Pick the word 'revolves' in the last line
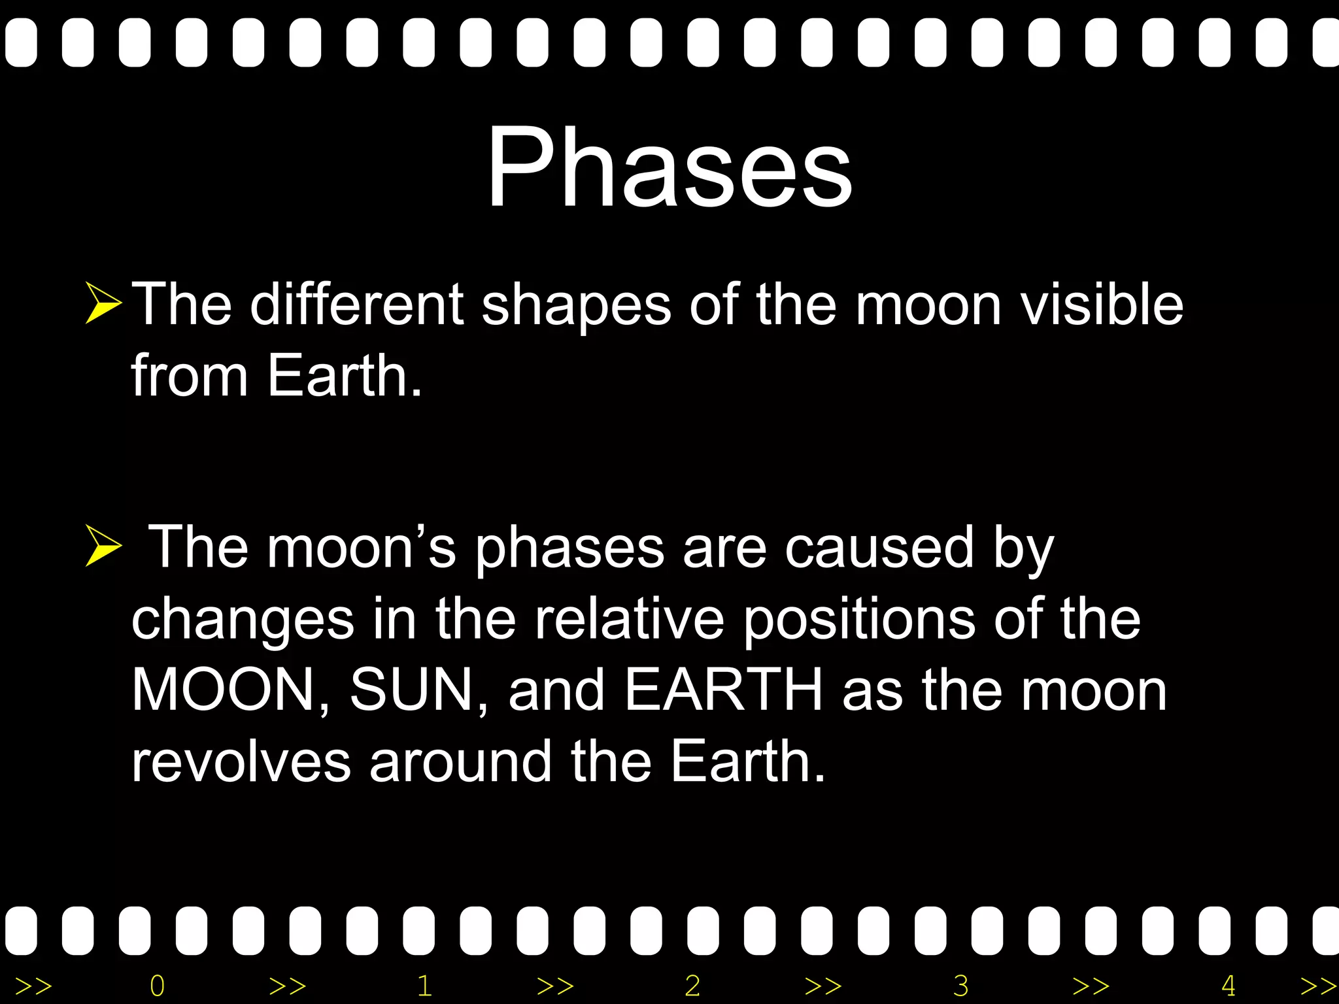point(241,762)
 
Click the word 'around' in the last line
point(460,762)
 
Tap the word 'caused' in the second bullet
point(879,548)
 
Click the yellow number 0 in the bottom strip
point(157,986)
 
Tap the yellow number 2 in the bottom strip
point(692,986)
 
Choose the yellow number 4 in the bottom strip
point(1228,986)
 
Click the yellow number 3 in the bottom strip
point(960,986)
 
